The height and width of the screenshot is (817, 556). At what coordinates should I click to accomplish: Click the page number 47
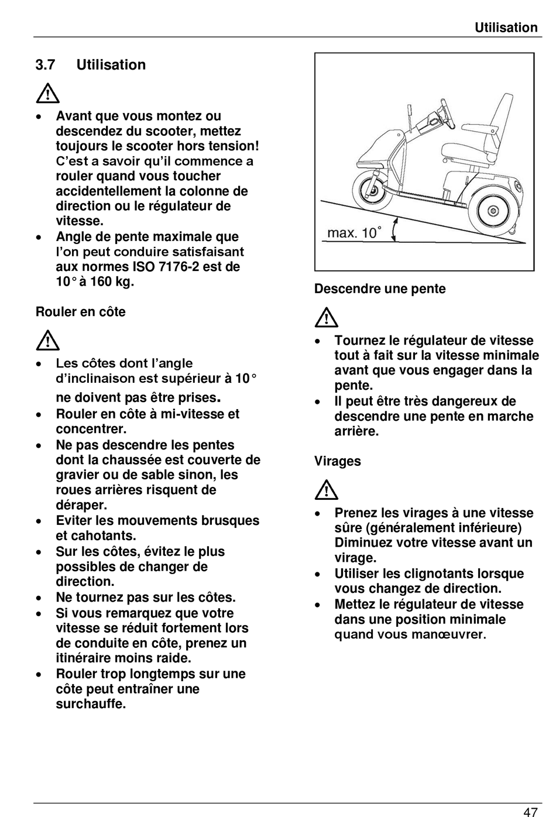click(530, 811)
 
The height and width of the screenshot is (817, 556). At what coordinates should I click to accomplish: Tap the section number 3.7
click(45, 65)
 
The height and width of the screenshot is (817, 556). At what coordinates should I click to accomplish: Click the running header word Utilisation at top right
click(506, 28)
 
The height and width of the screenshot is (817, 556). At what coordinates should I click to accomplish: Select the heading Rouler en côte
click(81, 312)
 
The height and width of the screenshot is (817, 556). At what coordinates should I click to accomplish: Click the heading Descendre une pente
click(380, 289)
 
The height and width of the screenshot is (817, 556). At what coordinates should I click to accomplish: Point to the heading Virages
click(338, 461)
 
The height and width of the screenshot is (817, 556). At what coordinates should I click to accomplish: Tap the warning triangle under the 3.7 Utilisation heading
click(47, 94)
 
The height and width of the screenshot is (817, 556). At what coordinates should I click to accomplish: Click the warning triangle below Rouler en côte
click(47, 340)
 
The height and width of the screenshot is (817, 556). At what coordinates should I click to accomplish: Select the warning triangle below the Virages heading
click(326, 490)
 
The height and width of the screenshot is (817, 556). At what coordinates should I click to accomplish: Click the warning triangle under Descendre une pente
click(326, 318)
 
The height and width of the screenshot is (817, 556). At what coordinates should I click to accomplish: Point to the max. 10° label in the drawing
click(354, 233)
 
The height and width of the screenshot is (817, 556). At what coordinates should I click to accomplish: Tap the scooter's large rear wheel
click(490, 209)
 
